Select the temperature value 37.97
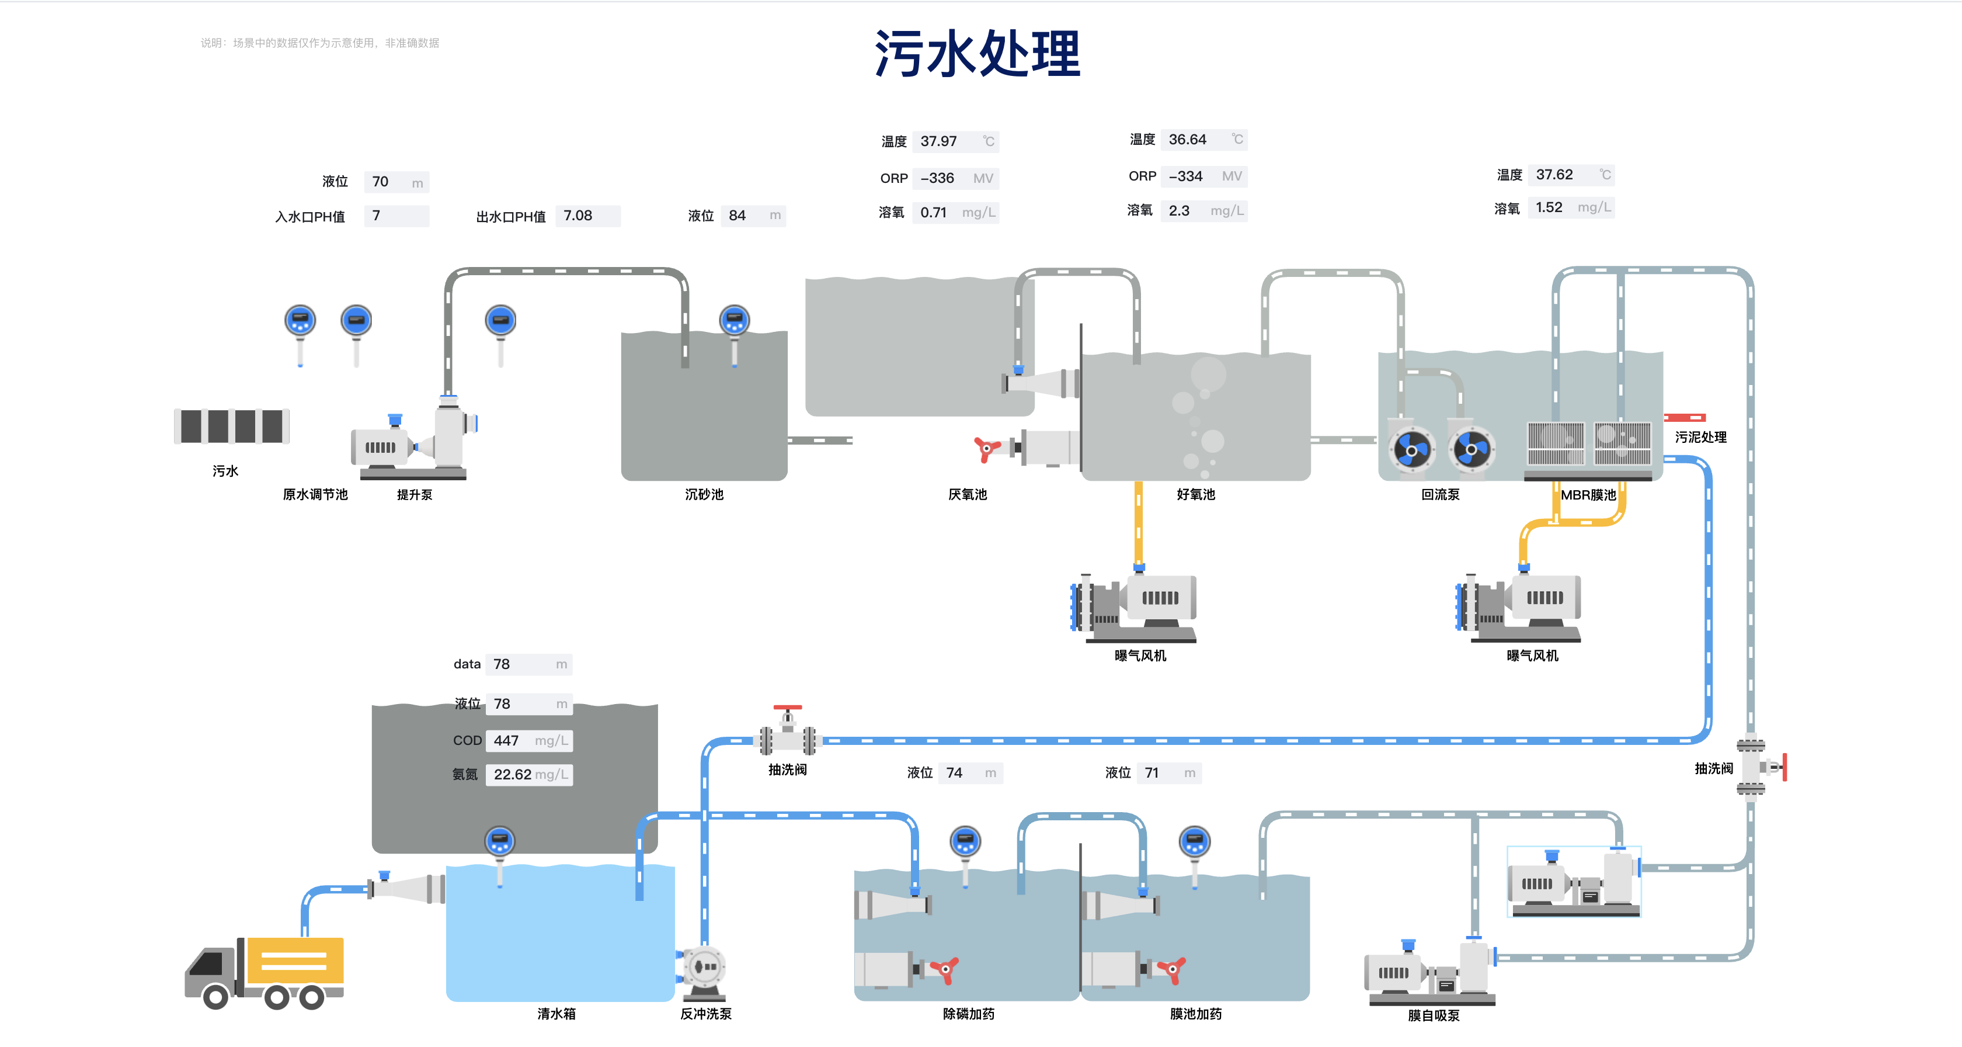click(938, 141)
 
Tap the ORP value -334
click(1185, 176)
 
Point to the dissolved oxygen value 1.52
click(1549, 207)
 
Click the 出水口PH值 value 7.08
click(578, 216)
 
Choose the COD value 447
click(506, 740)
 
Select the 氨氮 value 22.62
click(513, 774)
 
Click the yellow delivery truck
click(265, 972)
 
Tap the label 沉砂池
click(704, 494)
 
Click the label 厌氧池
click(968, 494)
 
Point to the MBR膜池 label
click(1588, 494)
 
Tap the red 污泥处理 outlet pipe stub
click(1684, 418)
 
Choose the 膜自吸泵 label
click(1434, 1015)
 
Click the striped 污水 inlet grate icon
click(232, 426)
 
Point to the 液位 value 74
click(954, 772)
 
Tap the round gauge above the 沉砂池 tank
click(734, 321)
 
